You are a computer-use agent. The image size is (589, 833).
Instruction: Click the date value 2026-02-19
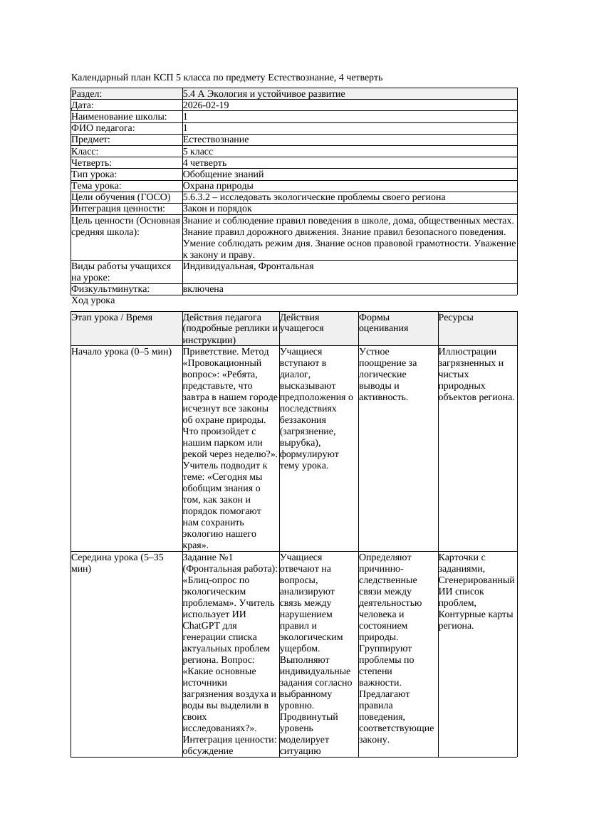click(206, 105)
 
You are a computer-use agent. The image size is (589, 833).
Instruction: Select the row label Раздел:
click(87, 94)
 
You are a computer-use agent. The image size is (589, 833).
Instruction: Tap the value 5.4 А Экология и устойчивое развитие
click(264, 94)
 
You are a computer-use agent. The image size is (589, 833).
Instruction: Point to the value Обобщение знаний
click(223, 174)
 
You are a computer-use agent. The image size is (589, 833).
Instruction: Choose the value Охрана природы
click(218, 186)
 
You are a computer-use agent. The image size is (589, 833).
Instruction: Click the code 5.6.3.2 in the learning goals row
click(199, 197)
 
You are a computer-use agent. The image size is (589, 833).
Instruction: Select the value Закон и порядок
click(217, 209)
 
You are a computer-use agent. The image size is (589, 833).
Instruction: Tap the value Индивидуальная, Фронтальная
click(248, 266)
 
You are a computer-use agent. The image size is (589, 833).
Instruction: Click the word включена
click(203, 289)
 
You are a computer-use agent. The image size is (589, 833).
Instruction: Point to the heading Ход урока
click(93, 300)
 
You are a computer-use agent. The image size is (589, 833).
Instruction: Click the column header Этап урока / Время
click(112, 318)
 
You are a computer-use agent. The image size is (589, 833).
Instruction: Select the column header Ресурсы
click(456, 318)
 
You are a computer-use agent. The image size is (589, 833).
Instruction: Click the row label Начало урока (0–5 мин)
click(122, 352)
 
